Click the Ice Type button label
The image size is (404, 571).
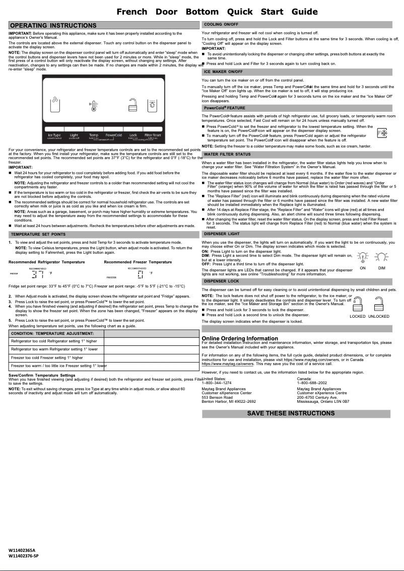point(54,135)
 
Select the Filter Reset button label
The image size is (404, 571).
point(153,135)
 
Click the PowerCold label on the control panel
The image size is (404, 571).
point(114,135)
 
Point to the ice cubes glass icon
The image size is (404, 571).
point(55,106)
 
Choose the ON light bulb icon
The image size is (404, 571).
point(362,258)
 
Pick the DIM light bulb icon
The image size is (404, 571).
point(381,258)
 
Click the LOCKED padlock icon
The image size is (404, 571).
point(357,305)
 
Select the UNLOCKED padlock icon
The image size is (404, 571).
point(379,305)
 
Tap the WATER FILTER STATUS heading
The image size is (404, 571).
point(227,154)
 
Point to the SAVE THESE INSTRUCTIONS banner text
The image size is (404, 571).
point(291,413)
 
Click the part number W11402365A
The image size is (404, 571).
point(22,550)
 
